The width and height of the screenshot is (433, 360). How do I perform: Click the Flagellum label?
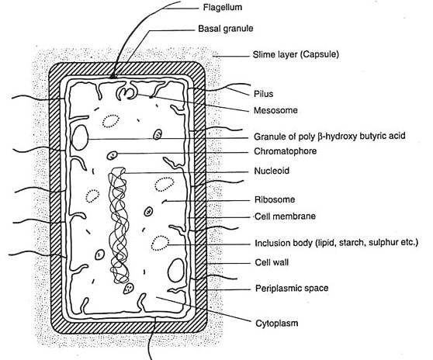[x=223, y=7]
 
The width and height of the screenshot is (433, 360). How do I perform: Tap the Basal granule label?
[x=226, y=29]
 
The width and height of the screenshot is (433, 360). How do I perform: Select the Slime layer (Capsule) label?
[x=296, y=54]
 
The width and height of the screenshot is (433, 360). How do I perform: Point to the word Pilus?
[x=263, y=94]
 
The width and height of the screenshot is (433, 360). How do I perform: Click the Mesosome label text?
[x=275, y=110]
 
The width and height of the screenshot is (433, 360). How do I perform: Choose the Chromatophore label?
[x=286, y=151]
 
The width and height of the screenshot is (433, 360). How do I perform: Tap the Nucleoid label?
[x=272, y=171]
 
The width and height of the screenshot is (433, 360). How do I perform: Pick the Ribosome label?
[x=275, y=199]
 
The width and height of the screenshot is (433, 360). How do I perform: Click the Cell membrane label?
[x=285, y=216]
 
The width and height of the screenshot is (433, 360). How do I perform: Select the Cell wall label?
[x=272, y=262]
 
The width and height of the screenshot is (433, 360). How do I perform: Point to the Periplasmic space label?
[x=292, y=289]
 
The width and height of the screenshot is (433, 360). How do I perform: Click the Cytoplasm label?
[x=277, y=323]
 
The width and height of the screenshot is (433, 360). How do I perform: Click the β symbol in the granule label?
[x=320, y=137]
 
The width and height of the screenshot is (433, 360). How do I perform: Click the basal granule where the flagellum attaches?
[x=113, y=77]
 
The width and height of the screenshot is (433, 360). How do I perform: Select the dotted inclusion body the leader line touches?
[x=160, y=243]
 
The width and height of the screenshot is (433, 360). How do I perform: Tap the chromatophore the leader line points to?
[x=112, y=155]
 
